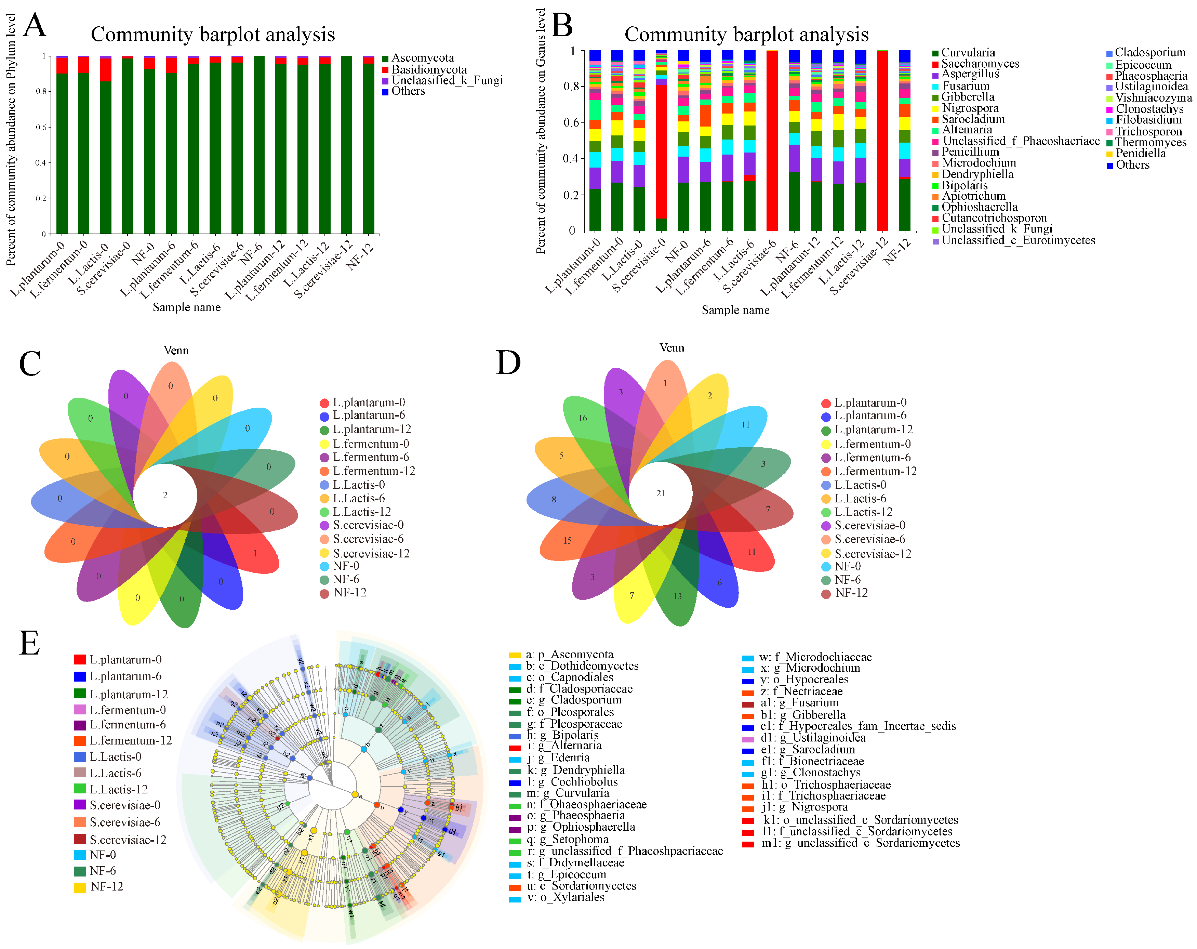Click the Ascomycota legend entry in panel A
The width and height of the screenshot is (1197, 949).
click(x=422, y=58)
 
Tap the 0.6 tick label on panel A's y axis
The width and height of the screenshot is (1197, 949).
click(x=42, y=127)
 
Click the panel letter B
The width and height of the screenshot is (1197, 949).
click(x=562, y=26)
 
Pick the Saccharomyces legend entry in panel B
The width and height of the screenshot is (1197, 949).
click(x=980, y=64)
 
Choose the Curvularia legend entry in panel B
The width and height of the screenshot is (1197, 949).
click(x=968, y=53)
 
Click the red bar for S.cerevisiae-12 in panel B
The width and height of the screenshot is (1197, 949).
click(x=882, y=139)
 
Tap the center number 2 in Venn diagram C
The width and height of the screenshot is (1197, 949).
click(x=165, y=495)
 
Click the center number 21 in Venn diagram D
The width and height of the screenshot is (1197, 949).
click(x=660, y=493)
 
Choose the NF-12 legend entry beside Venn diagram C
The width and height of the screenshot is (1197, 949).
click(x=350, y=593)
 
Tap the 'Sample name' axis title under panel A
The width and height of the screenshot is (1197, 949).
click(x=187, y=307)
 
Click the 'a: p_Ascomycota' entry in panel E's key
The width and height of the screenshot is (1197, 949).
click(x=569, y=655)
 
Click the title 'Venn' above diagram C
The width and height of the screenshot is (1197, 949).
click(x=176, y=351)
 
